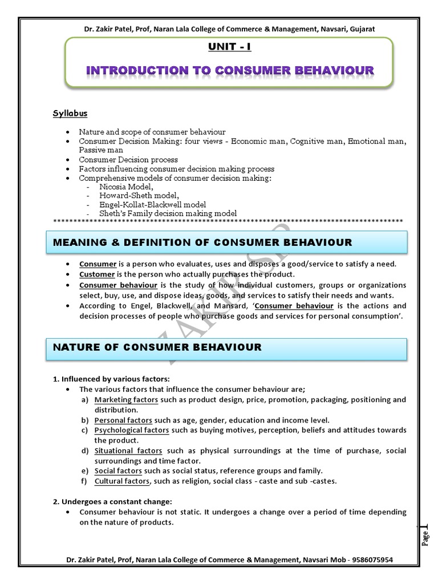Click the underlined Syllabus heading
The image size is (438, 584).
tap(70, 112)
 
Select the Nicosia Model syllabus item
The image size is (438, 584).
tap(127, 186)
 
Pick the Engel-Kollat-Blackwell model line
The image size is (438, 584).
tap(153, 204)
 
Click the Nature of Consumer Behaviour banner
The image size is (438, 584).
tap(226, 347)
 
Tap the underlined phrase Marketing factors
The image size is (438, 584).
tap(126, 400)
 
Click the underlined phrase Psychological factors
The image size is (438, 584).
tap(132, 430)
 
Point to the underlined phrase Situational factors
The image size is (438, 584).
tap(128, 451)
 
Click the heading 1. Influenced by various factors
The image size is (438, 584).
tap(112, 379)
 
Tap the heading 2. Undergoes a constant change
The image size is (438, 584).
tap(112, 501)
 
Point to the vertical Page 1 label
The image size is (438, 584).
tap(425, 536)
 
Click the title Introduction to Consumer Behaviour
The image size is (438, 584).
tap(230, 70)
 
